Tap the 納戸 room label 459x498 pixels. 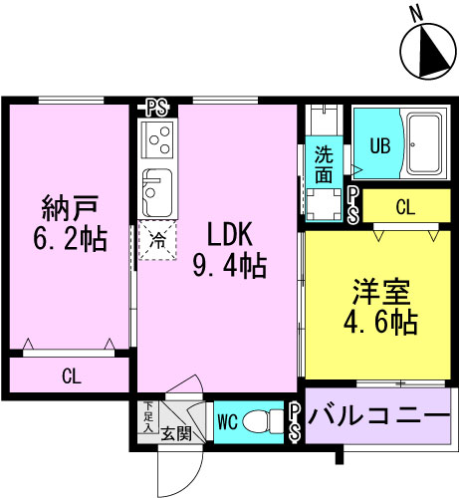70,208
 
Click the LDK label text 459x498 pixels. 230,234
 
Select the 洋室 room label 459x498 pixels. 381,292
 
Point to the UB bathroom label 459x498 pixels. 380,145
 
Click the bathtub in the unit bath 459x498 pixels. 423,144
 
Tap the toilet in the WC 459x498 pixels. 263,421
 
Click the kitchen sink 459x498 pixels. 157,193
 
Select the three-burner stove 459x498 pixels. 157,139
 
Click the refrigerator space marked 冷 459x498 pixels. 157,240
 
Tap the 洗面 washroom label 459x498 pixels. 324,164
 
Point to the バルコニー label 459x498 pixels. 378,415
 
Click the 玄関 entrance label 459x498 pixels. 176,433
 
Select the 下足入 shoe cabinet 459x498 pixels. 148,417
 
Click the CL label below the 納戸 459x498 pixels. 72,376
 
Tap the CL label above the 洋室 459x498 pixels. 405,207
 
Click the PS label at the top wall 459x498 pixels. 156,109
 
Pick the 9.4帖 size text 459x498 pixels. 230,265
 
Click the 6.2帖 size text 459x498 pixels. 70,238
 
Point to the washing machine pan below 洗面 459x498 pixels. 324,204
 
